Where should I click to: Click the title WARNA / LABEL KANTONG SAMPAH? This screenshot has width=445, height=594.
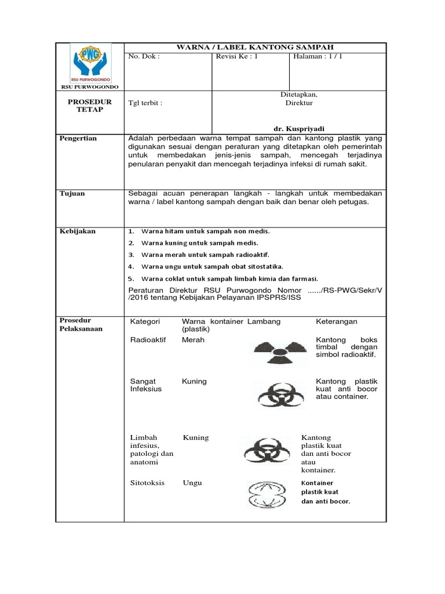point(256,47)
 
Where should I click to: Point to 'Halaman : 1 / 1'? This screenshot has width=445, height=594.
point(319,57)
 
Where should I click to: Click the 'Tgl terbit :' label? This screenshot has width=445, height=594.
point(145,103)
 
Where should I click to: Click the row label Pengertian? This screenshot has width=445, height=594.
point(78,139)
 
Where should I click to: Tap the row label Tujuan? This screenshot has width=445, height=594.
point(72,193)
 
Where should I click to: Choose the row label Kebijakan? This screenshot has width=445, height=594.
point(78,231)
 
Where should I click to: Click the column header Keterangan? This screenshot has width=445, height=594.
point(336,321)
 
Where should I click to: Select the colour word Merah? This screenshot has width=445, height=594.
point(193,340)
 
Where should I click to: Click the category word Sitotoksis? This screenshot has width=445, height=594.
point(148,483)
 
